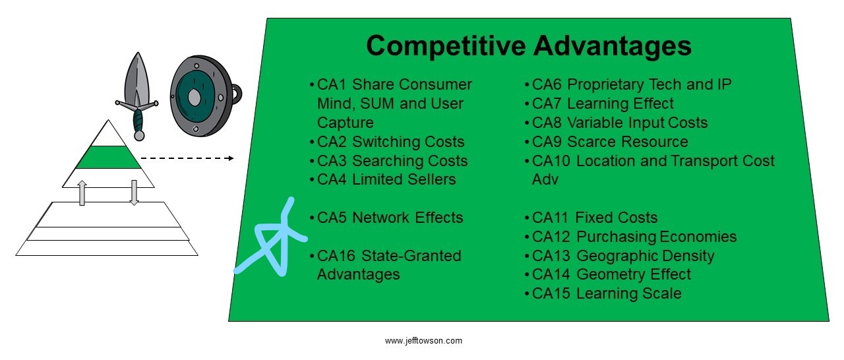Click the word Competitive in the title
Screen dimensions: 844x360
446,46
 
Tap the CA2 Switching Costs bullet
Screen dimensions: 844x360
387,142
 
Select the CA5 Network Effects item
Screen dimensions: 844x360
386,218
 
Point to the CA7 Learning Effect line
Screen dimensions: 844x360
599,104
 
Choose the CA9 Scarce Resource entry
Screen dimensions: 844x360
606,142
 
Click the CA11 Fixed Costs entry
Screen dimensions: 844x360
591,218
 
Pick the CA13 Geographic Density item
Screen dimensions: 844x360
619,256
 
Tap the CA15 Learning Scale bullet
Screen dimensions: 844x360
603,293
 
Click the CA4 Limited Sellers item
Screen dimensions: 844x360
383,179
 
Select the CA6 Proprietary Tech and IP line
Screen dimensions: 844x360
628,84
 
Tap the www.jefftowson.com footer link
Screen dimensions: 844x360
423,341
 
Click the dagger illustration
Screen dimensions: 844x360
138,96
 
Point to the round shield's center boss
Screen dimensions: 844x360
194,98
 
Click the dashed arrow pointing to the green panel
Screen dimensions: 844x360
187,158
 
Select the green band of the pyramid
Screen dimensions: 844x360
109,157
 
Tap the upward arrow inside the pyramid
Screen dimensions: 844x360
82,193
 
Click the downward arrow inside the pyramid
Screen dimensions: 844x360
134,193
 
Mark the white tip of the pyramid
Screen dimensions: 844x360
108,135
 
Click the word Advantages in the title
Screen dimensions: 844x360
613,46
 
